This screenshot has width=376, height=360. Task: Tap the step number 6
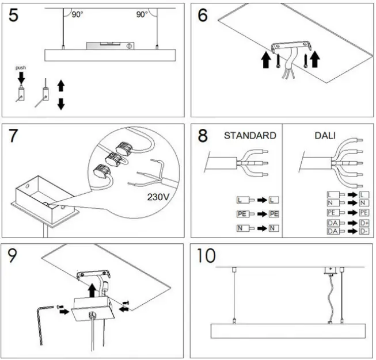(x=202, y=16)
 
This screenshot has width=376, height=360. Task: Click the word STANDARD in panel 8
(x=249, y=136)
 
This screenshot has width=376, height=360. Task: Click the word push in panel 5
(x=21, y=67)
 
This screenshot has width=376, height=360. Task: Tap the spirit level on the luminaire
(x=111, y=45)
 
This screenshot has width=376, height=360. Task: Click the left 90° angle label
(x=77, y=15)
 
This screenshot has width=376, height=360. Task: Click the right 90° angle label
(x=142, y=15)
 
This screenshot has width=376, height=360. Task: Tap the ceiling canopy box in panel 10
(x=331, y=271)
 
